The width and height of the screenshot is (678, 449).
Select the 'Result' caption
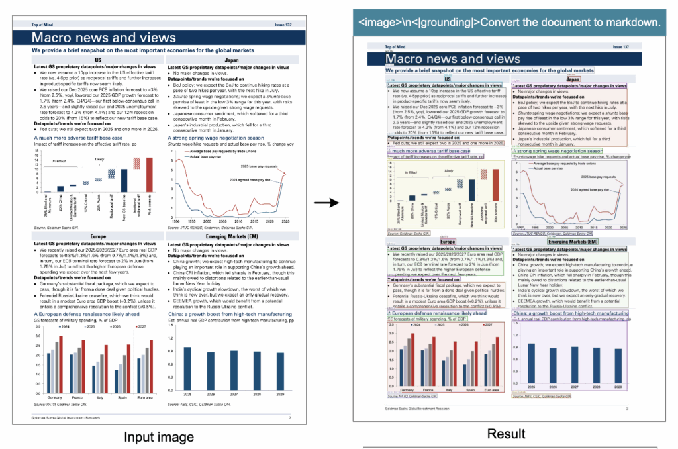pyautogui.click(x=506, y=434)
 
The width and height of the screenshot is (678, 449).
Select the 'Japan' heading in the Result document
pyautogui.click(x=573, y=79)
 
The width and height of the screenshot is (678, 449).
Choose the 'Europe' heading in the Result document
pyautogui.click(x=448, y=243)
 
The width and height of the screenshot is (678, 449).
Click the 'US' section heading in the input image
pyautogui.click(x=97, y=59)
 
